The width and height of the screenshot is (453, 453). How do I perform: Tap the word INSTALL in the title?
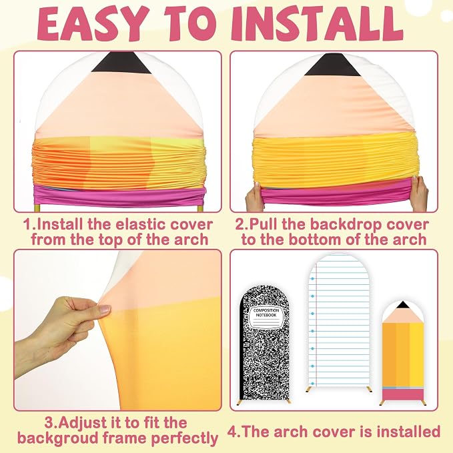(x=316, y=24)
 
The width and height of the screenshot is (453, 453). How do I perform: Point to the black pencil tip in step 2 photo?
(x=332, y=65)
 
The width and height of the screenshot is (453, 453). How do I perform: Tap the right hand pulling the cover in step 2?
(x=418, y=193)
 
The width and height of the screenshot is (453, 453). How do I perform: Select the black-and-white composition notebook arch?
(x=264, y=343)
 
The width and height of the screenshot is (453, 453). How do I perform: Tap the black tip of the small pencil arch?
(x=402, y=305)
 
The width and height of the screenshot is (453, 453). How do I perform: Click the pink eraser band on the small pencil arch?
(x=403, y=394)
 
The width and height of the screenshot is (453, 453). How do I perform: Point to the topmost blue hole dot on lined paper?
(x=312, y=279)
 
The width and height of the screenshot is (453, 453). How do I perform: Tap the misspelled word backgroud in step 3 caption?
(x=59, y=438)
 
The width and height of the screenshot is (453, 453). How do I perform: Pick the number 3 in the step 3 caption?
(x=48, y=423)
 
